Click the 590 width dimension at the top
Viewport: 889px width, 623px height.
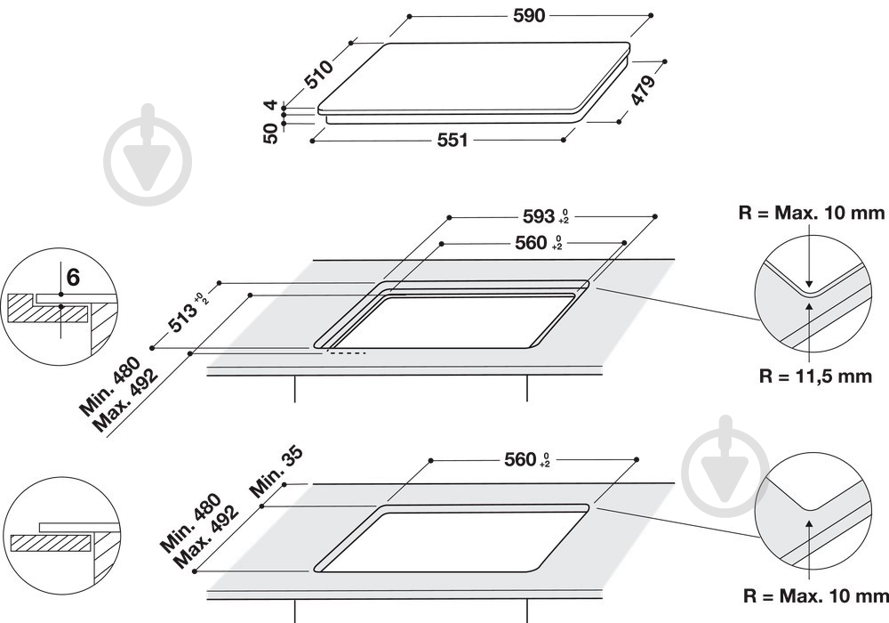point(529,16)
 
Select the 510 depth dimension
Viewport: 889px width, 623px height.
point(319,75)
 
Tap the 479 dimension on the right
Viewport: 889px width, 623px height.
point(644,88)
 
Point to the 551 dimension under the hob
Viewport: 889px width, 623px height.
point(453,140)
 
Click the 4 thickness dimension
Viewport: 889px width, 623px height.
point(271,105)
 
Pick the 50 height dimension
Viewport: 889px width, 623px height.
point(271,133)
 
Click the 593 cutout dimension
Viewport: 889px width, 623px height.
point(538,215)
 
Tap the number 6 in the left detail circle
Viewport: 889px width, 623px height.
point(73,278)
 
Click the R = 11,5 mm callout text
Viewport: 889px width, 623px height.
point(815,376)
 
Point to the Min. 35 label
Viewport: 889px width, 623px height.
point(276,472)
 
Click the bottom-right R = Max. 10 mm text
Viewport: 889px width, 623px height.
point(816,595)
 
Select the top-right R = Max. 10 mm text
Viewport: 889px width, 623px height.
point(812,213)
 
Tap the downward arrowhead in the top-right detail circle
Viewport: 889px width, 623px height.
point(809,282)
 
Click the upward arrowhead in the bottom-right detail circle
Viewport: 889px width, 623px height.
point(809,522)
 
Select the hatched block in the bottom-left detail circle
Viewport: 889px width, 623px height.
point(51,543)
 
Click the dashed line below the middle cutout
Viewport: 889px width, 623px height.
point(346,353)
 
